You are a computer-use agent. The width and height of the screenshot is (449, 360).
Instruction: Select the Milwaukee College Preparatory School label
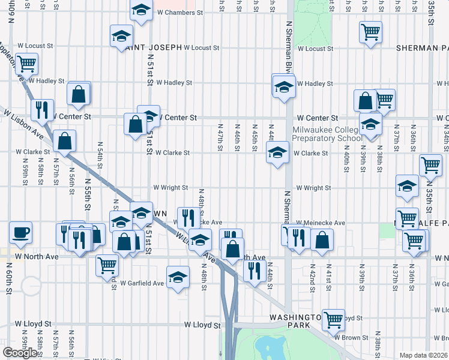(x=327, y=134)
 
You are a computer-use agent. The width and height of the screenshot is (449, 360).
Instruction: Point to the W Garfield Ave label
(x=142, y=283)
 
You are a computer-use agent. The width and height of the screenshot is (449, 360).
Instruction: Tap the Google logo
(x=20, y=353)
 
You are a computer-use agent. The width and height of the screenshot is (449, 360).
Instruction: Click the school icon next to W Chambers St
(x=142, y=10)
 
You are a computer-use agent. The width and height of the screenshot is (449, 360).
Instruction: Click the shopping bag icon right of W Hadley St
(x=79, y=93)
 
